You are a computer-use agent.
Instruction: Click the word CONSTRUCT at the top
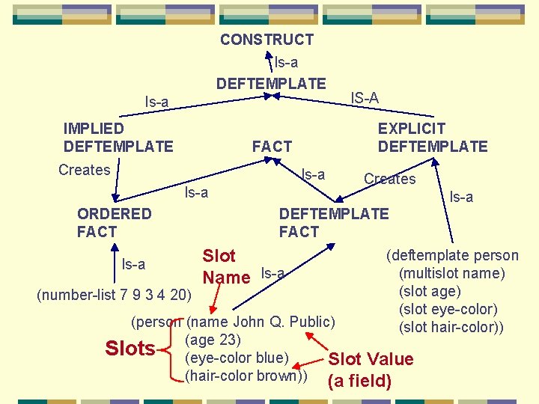[x=267, y=40]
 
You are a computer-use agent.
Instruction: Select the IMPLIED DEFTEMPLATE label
[x=118, y=138]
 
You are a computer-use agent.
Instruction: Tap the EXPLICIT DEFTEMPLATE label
[x=433, y=138]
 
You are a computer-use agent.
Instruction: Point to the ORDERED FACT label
[x=114, y=223]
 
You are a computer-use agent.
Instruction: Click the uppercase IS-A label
[x=365, y=98]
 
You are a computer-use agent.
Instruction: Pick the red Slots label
[x=130, y=349]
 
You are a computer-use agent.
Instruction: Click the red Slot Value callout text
[x=371, y=359]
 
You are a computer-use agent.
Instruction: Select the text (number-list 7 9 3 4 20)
[x=114, y=293]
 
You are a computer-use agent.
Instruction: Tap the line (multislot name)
[x=452, y=273]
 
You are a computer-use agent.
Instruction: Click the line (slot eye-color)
[x=448, y=309]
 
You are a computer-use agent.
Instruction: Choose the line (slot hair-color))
[x=451, y=327]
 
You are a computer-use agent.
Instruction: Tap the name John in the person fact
[x=248, y=322]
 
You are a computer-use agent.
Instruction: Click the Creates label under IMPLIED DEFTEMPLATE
[x=84, y=170]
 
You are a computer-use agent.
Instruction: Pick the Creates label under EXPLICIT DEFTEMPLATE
[x=389, y=179]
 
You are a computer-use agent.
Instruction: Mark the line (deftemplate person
[x=452, y=255]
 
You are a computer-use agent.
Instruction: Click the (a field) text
[x=359, y=381]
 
